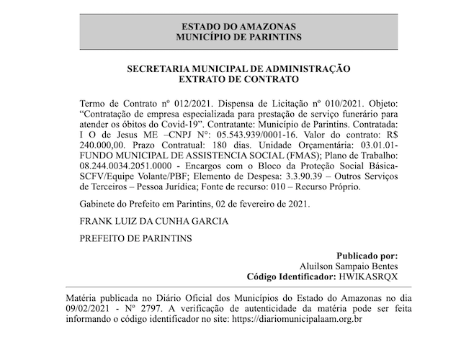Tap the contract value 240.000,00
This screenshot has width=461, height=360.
(x=102, y=146)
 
